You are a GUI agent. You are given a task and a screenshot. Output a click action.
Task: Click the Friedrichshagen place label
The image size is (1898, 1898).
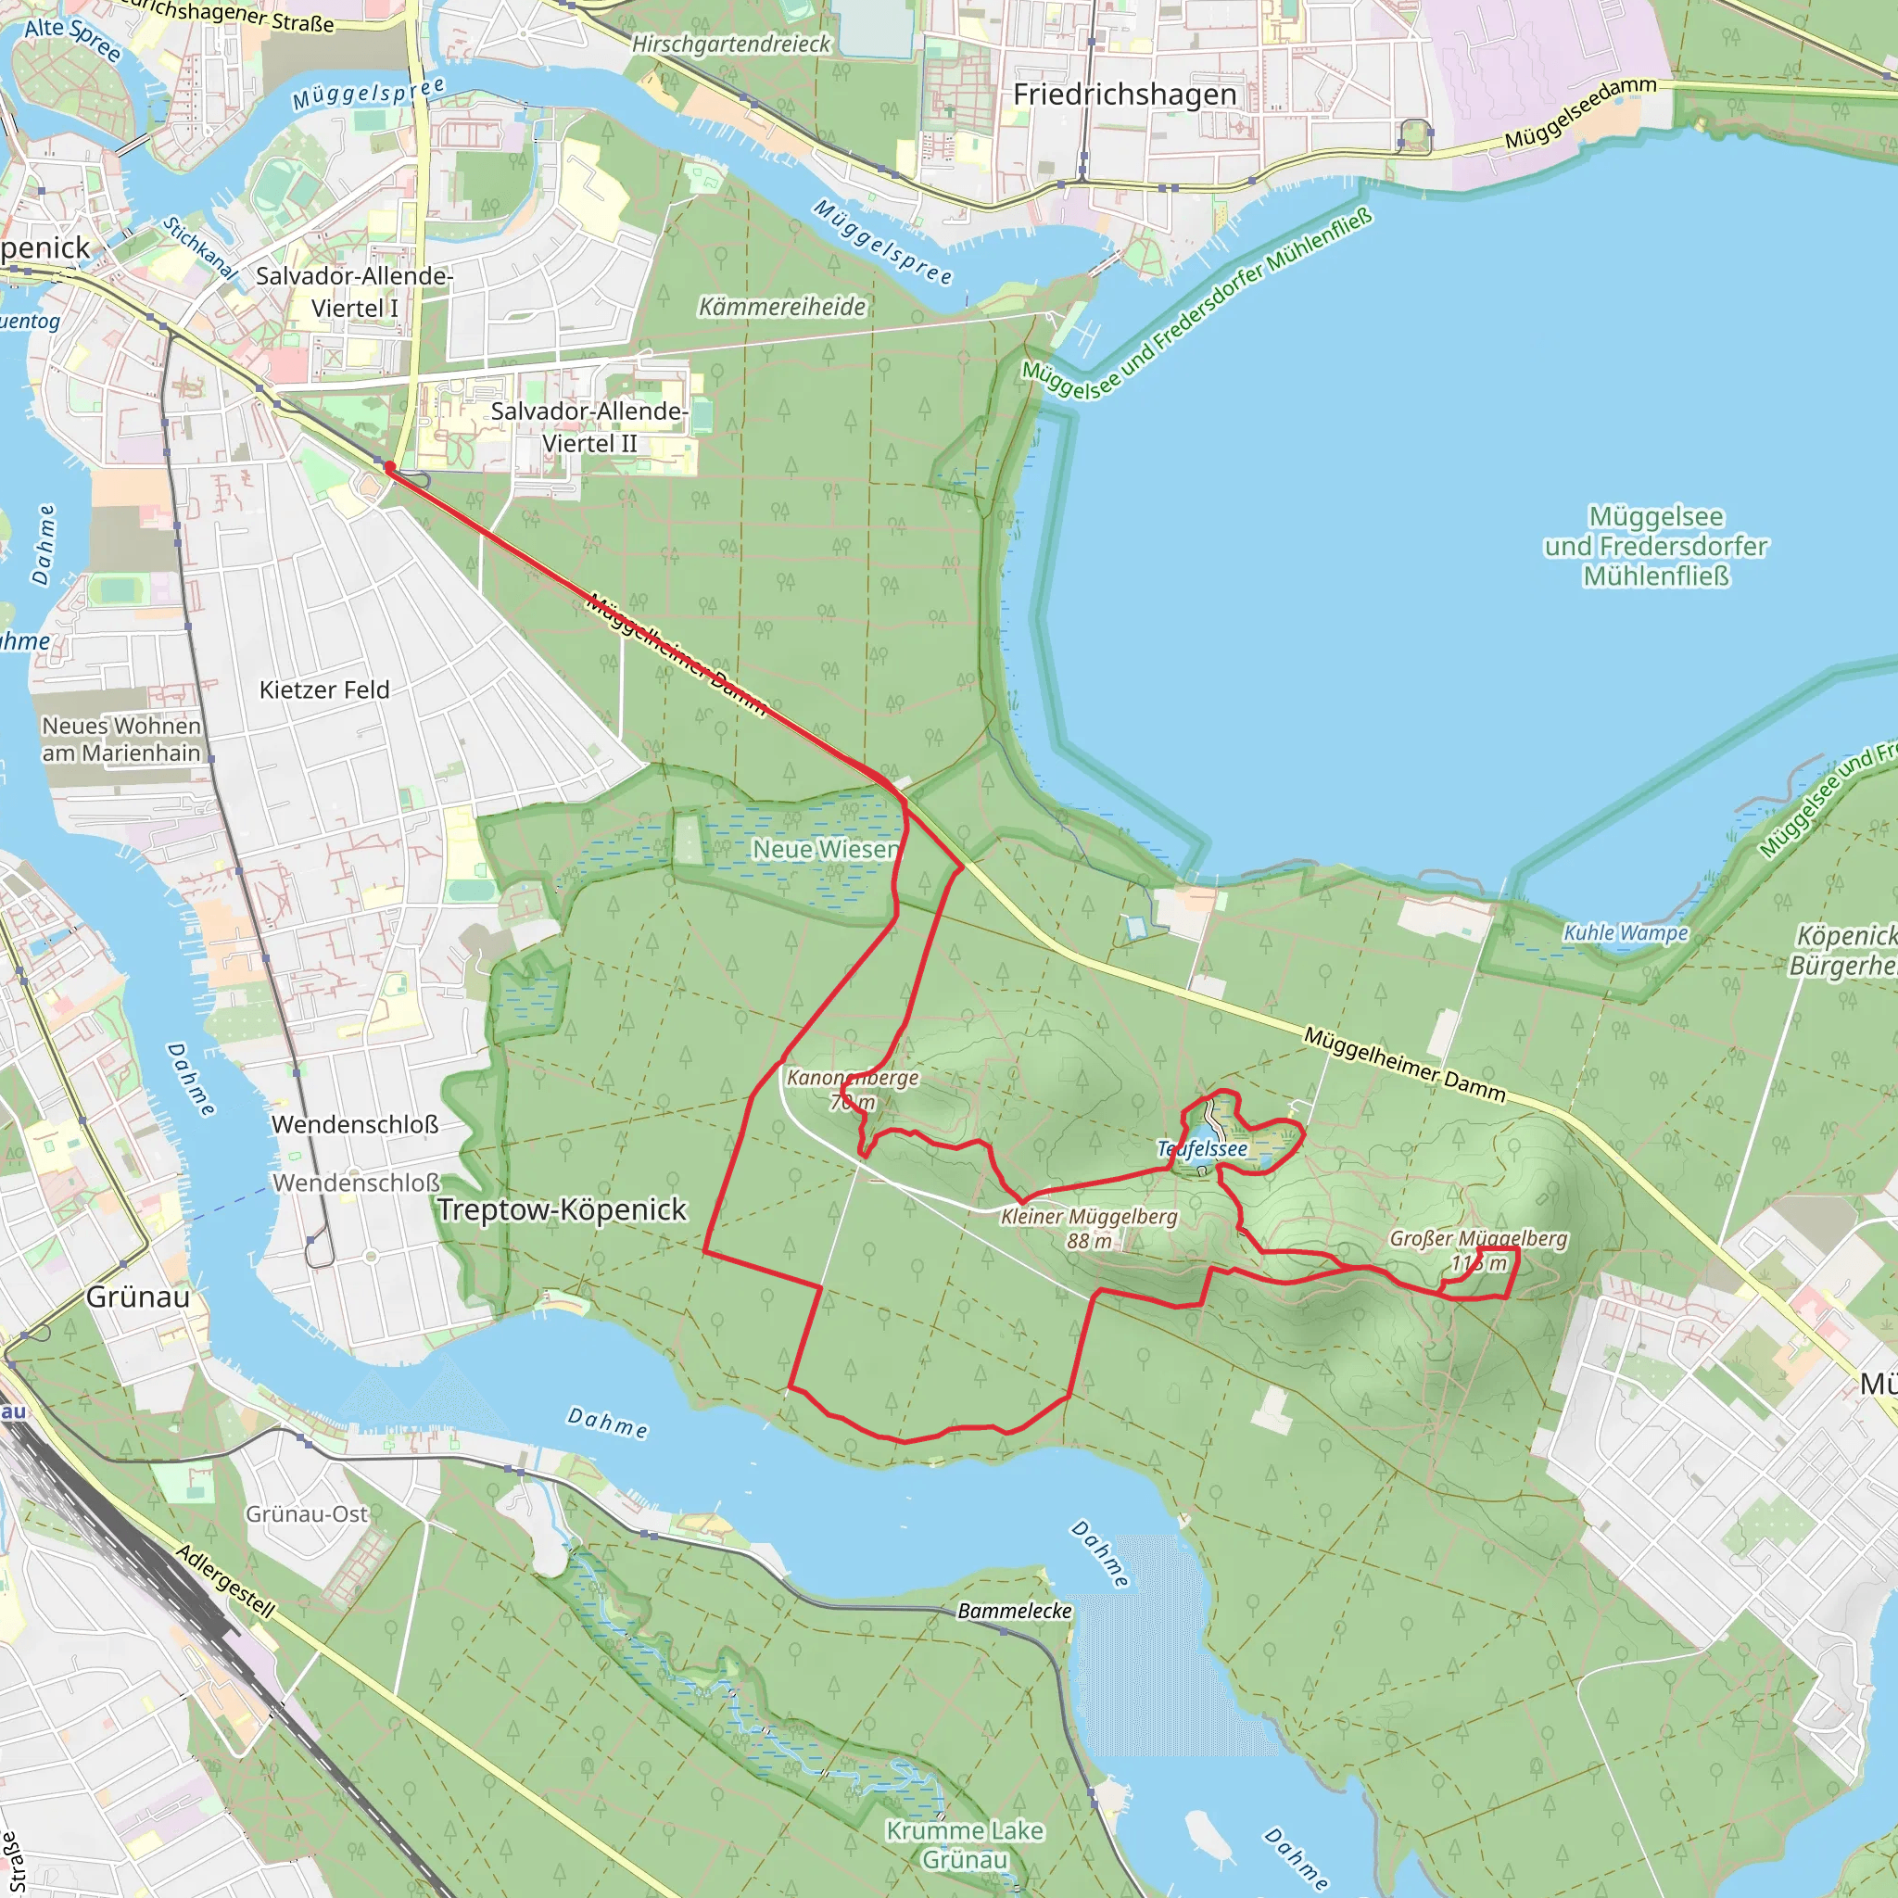click(1124, 95)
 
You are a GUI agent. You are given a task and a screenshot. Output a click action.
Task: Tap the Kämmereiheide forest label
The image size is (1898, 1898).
click(782, 308)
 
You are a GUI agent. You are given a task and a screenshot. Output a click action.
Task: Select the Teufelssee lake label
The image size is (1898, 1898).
click(1201, 1148)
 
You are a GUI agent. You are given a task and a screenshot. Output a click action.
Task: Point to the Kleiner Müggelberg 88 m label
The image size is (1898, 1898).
click(1089, 1228)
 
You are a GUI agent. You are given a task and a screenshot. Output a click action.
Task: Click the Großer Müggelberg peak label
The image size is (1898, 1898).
click(1477, 1249)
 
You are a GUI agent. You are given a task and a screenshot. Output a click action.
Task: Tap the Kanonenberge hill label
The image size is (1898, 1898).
click(853, 1089)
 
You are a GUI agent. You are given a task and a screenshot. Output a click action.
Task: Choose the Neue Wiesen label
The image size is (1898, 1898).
click(825, 849)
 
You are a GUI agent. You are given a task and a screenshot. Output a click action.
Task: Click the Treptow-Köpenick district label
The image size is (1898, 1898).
click(561, 1209)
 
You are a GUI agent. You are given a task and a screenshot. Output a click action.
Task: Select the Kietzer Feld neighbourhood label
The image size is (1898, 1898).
click(324, 690)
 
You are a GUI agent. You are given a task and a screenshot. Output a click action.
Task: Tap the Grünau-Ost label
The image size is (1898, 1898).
click(307, 1514)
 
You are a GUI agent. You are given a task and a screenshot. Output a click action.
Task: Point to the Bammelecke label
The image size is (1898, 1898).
click(1015, 1610)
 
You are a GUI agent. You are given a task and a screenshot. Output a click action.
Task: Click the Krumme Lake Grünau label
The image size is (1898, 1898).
click(964, 1844)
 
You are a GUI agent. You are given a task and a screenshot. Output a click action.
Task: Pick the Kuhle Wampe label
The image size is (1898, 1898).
click(1625, 932)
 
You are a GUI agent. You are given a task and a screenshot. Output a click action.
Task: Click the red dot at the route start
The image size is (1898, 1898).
click(389, 467)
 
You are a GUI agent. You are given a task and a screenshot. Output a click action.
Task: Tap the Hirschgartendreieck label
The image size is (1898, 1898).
click(731, 44)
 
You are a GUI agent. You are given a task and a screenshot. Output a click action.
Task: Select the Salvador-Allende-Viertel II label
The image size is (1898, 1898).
click(589, 426)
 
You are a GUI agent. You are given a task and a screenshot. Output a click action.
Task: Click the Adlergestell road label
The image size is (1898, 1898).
click(225, 1581)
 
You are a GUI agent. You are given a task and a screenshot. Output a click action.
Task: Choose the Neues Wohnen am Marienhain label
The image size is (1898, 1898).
click(120, 739)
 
